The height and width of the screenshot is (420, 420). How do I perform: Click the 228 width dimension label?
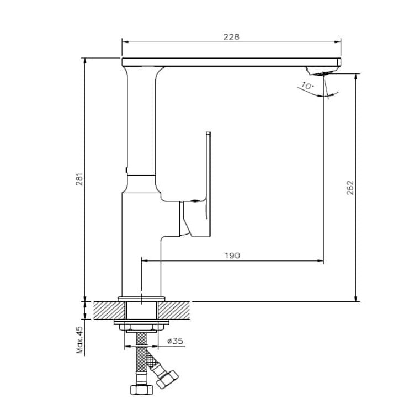click(x=231, y=36)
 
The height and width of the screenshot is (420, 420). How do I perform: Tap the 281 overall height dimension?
click(x=80, y=179)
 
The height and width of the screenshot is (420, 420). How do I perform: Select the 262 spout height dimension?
click(x=350, y=188)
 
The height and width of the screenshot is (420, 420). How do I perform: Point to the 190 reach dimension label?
click(x=232, y=256)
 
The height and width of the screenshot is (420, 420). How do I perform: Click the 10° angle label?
click(x=307, y=86)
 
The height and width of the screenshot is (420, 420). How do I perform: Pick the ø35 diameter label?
click(x=175, y=341)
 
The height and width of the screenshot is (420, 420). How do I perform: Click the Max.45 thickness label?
click(x=80, y=340)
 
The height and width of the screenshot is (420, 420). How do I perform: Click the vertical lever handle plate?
click(x=208, y=184)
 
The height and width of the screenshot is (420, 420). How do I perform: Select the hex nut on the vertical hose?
click(x=141, y=390)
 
